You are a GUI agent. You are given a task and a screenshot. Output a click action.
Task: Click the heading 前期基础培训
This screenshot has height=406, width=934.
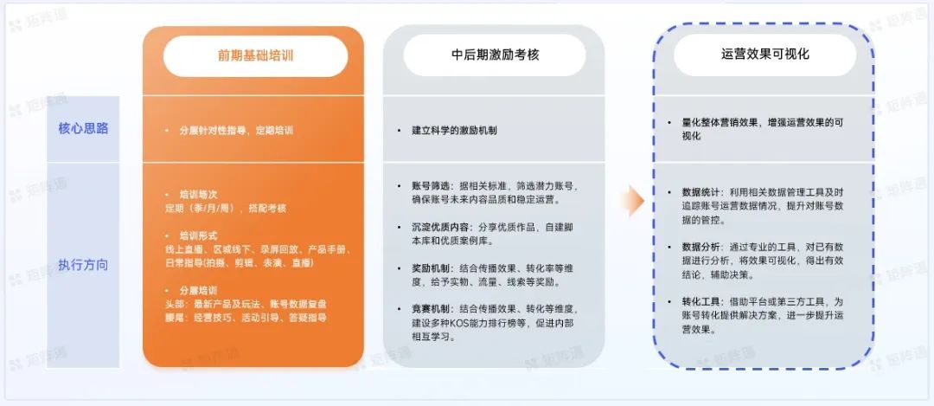(x=255, y=56)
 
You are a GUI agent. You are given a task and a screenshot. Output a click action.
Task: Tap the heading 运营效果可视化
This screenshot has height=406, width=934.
(x=764, y=55)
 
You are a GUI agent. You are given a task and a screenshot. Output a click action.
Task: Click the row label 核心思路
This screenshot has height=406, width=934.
(x=83, y=129)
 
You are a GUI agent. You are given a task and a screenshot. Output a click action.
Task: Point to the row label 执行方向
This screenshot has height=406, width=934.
(x=83, y=265)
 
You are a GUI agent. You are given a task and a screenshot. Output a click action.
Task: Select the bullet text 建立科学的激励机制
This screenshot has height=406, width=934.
(x=455, y=131)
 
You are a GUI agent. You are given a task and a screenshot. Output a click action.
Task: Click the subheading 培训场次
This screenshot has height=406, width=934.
(x=198, y=195)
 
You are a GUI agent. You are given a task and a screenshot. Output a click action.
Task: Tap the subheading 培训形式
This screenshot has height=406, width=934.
(x=198, y=235)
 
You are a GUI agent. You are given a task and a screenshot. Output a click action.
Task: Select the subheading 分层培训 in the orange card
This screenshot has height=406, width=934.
(x=198, y=290)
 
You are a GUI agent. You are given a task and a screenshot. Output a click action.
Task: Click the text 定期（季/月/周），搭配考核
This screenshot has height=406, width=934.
(x=226, y=208)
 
